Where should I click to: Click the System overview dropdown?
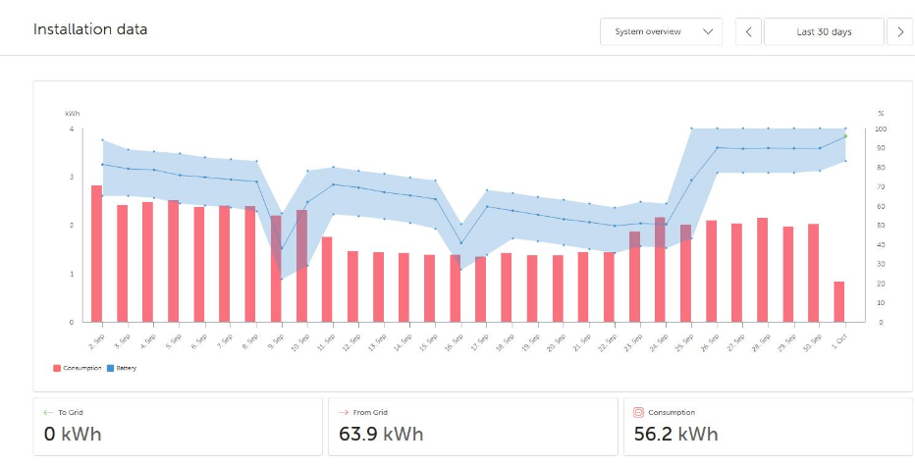coord(661,31)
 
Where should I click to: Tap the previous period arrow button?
coord(748,31)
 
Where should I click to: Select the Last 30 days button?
coord(824,31)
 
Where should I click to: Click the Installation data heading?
coord(90,29)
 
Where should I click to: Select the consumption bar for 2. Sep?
coord(96,253)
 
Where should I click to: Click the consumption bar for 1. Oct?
coord(838,301)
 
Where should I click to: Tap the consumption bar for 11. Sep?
coord(327,279)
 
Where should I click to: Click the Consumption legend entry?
coord(80,368)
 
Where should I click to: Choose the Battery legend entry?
coord(124,368)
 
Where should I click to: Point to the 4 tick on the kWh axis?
coord(71,129)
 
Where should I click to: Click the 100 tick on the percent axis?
coord(881,129)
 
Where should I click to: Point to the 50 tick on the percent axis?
coord(881,225)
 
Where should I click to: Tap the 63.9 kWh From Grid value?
coord(381,434)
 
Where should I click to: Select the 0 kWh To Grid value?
coord(73,434)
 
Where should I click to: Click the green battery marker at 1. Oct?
coord(844,136)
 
